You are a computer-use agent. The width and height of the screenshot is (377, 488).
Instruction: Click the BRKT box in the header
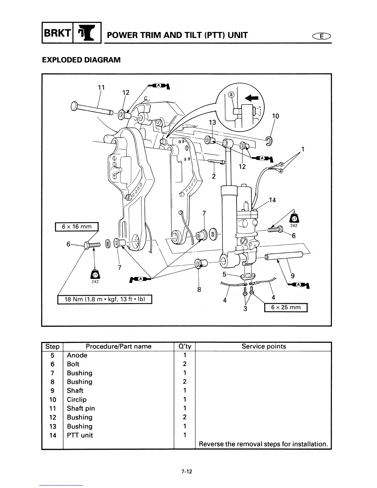pyautogui.click(x=57, y=32)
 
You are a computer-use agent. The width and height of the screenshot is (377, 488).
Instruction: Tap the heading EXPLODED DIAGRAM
pyautogui.click(x=81, y=60)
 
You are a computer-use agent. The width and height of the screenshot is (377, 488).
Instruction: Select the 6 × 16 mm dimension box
pyautogui.click(x=77, y=227)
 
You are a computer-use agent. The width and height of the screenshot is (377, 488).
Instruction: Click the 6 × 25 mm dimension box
pyautogui.click(x=286, y=307)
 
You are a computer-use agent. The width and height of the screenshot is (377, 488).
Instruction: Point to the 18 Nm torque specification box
pyautogui.click(x=105, y=299)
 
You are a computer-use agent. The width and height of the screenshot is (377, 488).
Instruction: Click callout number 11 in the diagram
pyautogui.click(x=101, y=87)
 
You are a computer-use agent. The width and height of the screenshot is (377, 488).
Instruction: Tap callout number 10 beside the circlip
pyautogui.click(x=275, y=116)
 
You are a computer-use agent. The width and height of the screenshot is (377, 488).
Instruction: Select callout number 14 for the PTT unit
pyautogui.click(x=272, y=200)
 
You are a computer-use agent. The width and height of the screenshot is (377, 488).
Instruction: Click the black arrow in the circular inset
pyautogui.click(x=252, y=98)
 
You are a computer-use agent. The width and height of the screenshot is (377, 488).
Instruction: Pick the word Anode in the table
pyautogui.click(x=77, y=355)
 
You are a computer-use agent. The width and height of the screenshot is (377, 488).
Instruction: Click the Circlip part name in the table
pyautogui.click(x=77, y=400)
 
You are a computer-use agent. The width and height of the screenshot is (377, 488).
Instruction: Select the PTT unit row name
pyautogui.click(x=80, y=435)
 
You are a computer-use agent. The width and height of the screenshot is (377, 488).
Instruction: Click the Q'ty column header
pyautogui.click(x=184, y=346)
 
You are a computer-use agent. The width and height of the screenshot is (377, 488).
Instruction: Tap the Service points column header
pyautogui.click(x=263, y=346)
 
